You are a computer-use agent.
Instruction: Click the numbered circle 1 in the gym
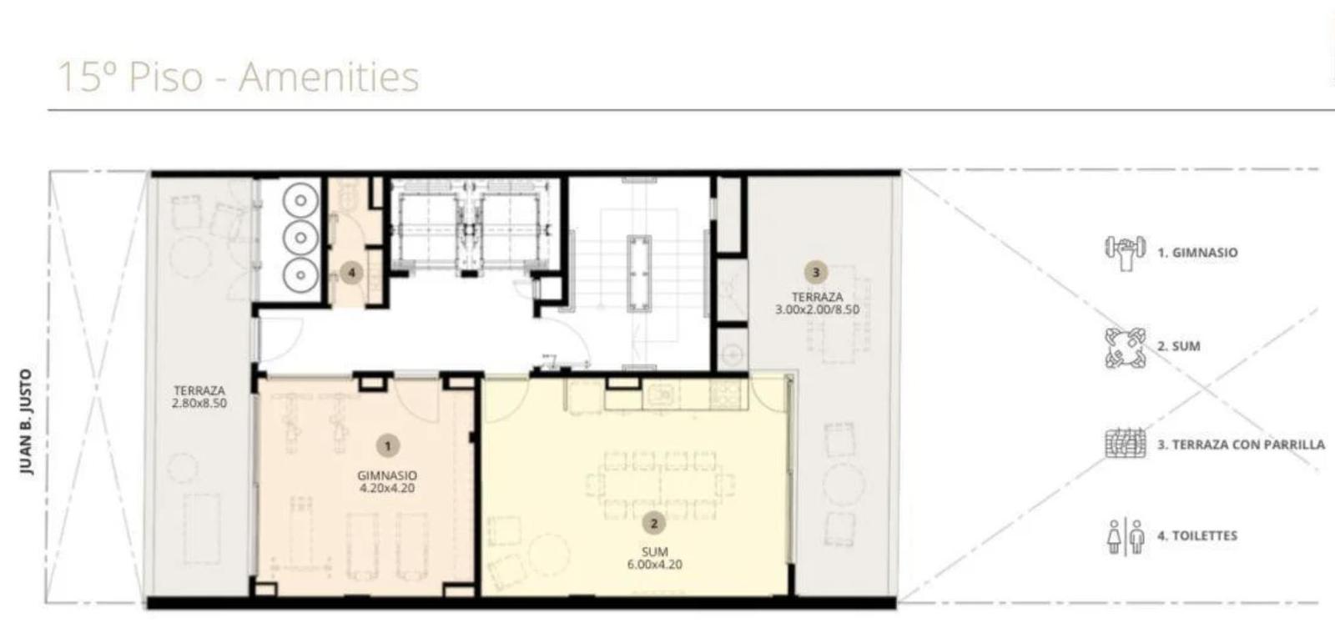point(388,445)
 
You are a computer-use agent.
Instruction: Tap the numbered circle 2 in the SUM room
point(654,524)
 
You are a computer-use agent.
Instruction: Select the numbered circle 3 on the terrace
point(816,273)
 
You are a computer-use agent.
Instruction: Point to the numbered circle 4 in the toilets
point(351,274)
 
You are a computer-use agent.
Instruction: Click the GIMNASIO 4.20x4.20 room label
point(387,482)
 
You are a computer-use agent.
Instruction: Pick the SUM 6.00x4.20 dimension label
point(654,558)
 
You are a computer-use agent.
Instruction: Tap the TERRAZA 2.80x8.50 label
point(199,397)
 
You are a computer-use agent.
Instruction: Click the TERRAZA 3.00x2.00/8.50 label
point(817,303)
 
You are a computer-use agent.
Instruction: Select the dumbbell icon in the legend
point(1126,253)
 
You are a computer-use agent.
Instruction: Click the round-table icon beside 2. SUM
point(1126,347)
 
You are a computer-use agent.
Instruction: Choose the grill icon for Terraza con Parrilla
point(1126,444)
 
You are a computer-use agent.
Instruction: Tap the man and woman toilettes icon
point(1126,536)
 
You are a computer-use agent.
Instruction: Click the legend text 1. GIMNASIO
point(1198,253)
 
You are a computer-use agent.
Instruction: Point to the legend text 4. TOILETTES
point(1198,536)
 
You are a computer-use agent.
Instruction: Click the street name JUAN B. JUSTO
point(26,422)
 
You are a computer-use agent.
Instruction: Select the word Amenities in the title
point(330,77)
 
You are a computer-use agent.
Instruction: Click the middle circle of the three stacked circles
point(300,238)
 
